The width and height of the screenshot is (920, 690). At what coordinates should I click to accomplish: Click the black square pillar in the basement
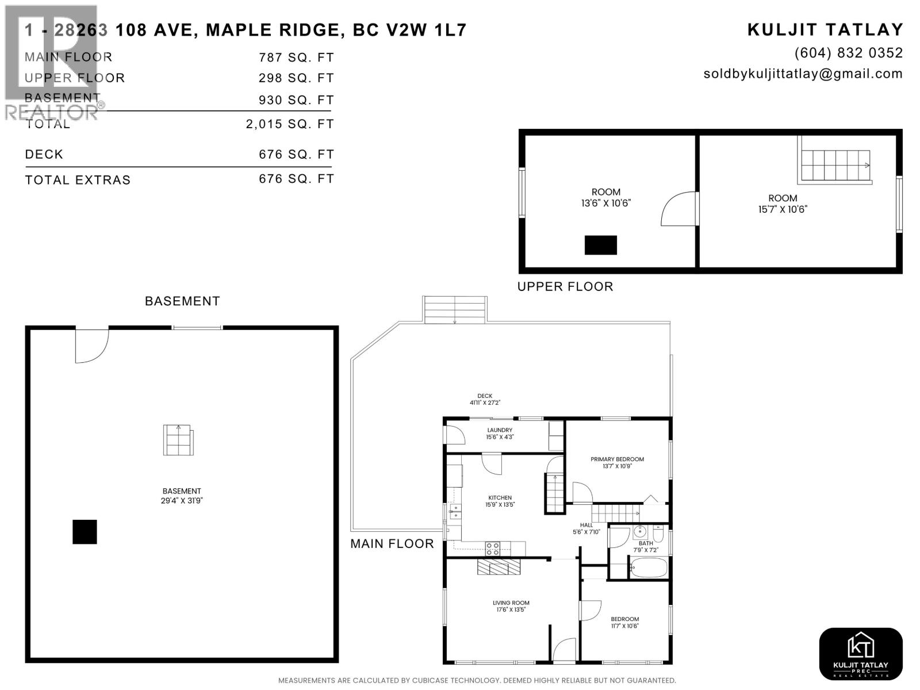85,532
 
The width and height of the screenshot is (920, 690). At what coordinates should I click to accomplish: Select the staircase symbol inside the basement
178,440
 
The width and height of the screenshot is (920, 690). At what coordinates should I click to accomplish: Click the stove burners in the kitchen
493,549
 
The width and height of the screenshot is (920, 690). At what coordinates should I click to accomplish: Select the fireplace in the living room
499,567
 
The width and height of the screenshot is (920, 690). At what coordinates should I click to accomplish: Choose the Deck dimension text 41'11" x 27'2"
485,402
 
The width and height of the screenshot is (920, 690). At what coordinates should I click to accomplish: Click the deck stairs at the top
455,309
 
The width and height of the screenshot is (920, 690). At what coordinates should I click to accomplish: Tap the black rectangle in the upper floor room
601,245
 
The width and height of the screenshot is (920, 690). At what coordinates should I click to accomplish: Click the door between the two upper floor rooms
680,209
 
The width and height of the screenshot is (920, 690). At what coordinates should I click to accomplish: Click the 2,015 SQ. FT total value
290,124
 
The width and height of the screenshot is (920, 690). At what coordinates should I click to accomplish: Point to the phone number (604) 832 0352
848,53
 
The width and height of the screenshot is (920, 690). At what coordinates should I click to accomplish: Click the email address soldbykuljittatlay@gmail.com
803,74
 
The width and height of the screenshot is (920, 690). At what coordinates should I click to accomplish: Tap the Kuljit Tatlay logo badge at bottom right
860,654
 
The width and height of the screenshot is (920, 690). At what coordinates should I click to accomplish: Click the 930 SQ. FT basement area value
296,100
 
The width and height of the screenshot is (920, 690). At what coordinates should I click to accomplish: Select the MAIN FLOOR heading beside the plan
392,543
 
